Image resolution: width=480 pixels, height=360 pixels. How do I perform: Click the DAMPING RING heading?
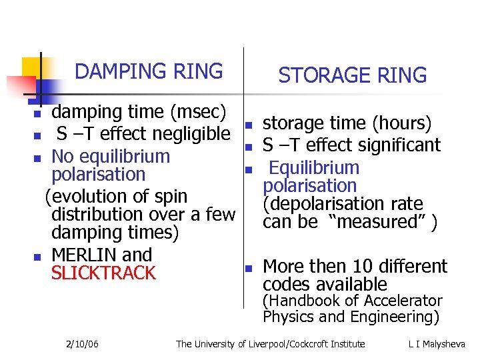[x=149, y=71]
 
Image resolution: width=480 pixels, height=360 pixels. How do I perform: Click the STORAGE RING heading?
[x=352, y=76]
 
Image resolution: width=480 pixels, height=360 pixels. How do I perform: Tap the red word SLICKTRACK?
[x=103, y=273]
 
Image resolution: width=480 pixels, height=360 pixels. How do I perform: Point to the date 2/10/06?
[x=83, y=344]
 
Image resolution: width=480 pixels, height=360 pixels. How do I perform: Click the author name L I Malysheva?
[x=437, y=344]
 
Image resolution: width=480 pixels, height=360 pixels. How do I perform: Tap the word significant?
[x=399, y=145]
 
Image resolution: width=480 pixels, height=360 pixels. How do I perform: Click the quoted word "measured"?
[x=378, y=222]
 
